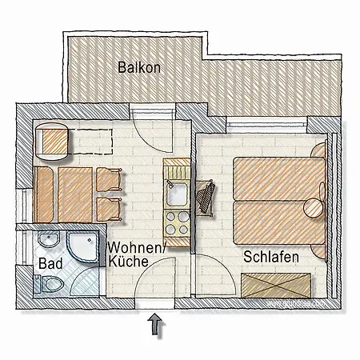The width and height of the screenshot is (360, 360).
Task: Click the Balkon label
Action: coord(139,67)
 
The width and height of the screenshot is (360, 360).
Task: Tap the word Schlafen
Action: coord(271,257)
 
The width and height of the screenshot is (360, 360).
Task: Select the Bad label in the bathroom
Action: coord(50,263)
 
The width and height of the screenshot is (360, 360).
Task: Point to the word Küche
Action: coord(128,262)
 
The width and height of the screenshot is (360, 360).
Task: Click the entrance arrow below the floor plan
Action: coord(155,324)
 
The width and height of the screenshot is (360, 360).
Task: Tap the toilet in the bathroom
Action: coord(50,284)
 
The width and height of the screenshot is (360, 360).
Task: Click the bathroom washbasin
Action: coord(49,239)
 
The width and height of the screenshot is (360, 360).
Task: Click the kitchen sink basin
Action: coord(177,194)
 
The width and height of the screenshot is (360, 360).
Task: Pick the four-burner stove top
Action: coord(177,223)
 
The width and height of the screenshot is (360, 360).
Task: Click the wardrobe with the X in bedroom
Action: coord(276,285)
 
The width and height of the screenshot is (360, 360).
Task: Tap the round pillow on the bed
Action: coord(313,208)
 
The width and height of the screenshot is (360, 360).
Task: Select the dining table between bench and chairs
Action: coord(75,194)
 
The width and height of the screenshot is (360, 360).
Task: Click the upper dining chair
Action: coord(109,179)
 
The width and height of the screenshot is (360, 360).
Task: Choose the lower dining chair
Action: coord(109,210)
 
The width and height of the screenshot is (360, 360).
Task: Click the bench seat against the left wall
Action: coord(43,194)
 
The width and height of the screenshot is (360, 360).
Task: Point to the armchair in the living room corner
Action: coord(52,142)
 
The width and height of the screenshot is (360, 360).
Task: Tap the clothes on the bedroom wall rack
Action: coord(206,197)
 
